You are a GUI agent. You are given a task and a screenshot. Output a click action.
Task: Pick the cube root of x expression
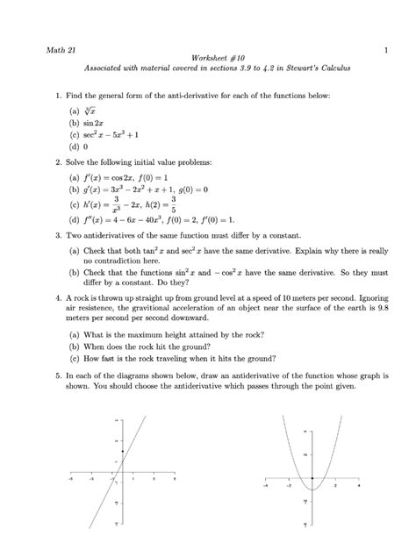pyautogui.click(x=89, y=108)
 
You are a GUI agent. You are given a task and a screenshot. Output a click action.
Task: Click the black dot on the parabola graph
pyautogui.click(x=313, y=478)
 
